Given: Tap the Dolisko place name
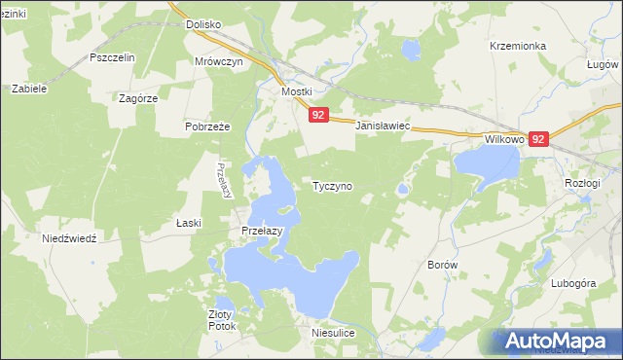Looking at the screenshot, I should coord(204,24).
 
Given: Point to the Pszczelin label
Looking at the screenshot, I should coord(111,57).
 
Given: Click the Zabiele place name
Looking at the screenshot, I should coord(29,88).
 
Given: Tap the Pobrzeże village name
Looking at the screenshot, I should coord(206,126).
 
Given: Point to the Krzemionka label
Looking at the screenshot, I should coord(518,46).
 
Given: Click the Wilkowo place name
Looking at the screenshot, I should coord(504,139).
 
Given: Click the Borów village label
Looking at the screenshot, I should coord(443,264).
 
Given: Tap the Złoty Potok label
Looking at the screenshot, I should coord(221,320).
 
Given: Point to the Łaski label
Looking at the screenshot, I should coord(189,223).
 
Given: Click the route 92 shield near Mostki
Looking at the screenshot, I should coord(318,115).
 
